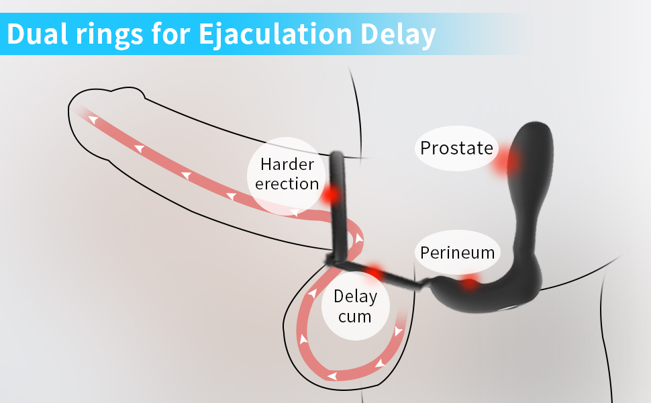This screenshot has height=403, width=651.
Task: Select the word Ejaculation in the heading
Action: point(279,33)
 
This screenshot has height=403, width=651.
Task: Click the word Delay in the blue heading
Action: point(401,33)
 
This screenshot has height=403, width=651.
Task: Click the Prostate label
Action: point(456,148)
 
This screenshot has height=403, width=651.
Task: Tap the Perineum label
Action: point(457,253)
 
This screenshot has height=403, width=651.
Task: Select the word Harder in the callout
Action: point(287,164)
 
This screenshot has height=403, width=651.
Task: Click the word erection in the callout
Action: point(287,183)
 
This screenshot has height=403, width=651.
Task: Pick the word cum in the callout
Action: point(355,316)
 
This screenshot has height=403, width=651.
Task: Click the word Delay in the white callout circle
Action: point(355,296)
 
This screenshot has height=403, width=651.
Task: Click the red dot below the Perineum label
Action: point(469,283)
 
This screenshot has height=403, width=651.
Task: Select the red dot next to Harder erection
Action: point(330,195)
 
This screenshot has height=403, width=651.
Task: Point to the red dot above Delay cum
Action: point(374,271)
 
